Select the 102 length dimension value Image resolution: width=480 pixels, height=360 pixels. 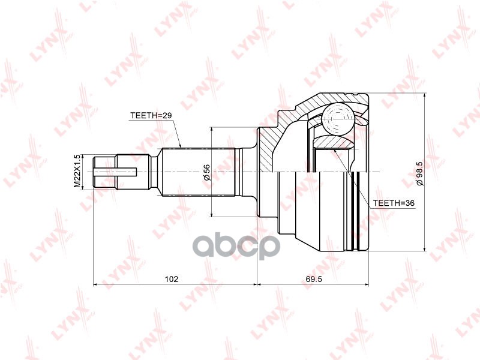pyautogui.click(x=172, y=279)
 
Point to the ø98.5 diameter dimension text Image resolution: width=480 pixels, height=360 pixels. pyautogui.click(x=420, y=172)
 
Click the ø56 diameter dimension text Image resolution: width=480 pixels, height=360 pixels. pyautogui.click(x=206, y=172)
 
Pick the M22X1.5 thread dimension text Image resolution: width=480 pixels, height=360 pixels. pyautogui.click(x=77, y=172)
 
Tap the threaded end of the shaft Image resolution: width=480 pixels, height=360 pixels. pyautogui.click(x=105, y=172)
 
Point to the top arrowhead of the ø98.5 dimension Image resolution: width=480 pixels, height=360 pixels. pyautogui.click(x=425, y=97)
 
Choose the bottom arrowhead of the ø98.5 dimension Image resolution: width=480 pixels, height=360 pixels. pyautogui.click(x=425, y=248)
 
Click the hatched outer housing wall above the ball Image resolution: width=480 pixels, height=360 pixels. pyautogui.click(x=336, y=98)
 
